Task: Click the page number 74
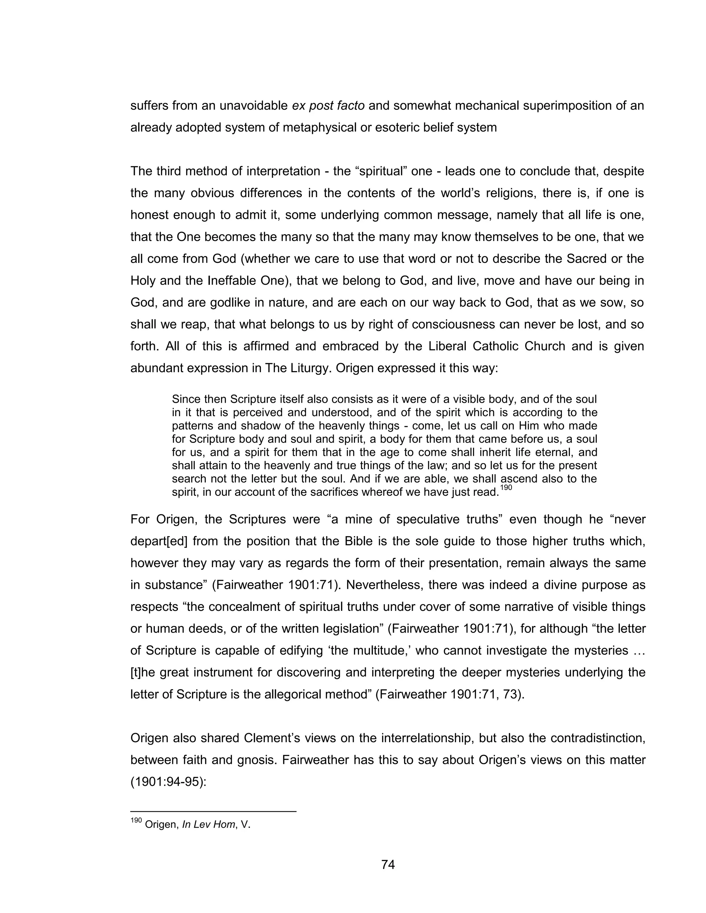point(388,864)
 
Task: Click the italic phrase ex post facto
point(328,106)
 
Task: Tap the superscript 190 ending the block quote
point(506,488)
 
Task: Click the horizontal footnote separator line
point(213,811)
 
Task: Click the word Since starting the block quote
point(186,399)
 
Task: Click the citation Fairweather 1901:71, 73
point(449,694)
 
